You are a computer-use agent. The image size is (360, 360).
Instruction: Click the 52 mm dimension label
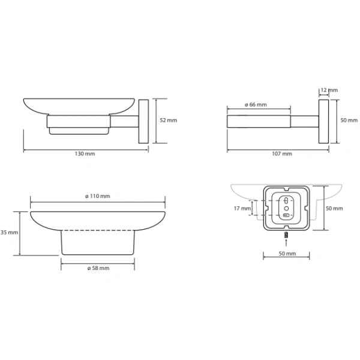(168, 121)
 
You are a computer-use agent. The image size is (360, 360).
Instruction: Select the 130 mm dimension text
(85, 154)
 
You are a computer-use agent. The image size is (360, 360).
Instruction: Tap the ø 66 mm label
(256, 104)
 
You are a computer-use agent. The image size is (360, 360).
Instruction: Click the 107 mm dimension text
(282, 154)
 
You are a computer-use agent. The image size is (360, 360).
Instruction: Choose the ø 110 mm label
(98, 196)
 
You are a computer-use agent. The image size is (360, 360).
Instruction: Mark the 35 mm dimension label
(9, 232)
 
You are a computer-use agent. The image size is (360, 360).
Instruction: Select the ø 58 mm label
(98, 268)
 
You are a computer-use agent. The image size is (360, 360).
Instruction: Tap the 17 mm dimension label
(242, 208)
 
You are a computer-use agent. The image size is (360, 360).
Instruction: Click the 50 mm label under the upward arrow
(287, 253)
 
